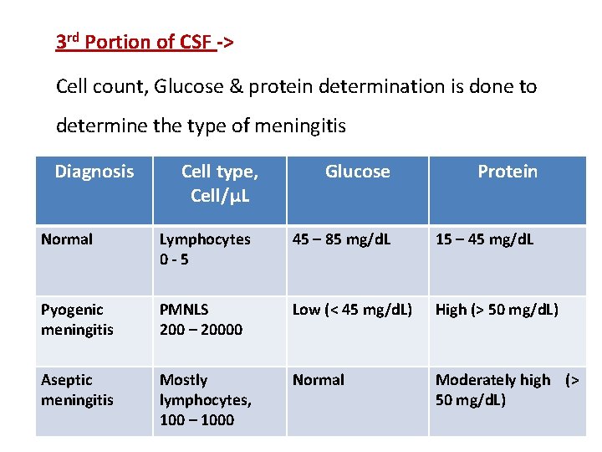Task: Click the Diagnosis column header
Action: pos(94,172)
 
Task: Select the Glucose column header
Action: pos(357,172)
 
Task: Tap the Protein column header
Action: pos(507,172)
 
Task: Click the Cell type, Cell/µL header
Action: pos(219,183)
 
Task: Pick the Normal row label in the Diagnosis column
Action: pos(67,239)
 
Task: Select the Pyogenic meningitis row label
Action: pos(77,320)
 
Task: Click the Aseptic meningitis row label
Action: pos(77,390)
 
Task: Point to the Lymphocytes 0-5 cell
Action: pos(205,249)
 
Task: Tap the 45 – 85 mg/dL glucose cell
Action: pos(342,239)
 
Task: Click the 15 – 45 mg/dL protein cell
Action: pos(484,239)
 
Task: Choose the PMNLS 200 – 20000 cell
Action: pos(201,320)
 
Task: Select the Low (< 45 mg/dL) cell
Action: pos(352,310)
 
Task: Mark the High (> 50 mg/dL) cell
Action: pos(497,310)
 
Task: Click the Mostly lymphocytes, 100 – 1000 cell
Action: pos(206,400)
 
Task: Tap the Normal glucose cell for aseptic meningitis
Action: pos(318,380)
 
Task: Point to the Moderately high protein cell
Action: pos(505,390)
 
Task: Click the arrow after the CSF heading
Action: pos(227,41)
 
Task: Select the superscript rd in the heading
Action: pos(74,37)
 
